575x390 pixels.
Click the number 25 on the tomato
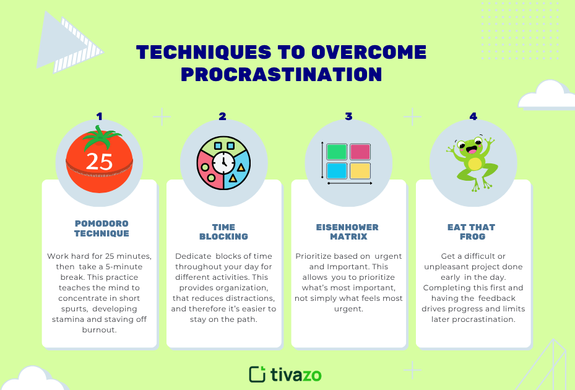click(99, 161)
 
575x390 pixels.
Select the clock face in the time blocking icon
click(223, 163)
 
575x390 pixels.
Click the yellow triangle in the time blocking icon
click(233, 178)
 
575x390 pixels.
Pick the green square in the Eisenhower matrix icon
click(337, 152)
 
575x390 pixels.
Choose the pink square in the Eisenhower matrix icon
click(360, 152)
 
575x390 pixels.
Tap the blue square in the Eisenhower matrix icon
click(337, 171)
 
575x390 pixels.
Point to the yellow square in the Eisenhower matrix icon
click(360, 171)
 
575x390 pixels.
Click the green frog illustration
click(473, 162)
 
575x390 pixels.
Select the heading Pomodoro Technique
click(102, 228)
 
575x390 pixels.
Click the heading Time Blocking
click(223, 232)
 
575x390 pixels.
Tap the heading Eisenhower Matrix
click(347, 232)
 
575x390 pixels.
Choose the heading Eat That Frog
click(472, 232)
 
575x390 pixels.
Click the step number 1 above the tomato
click(99, 116)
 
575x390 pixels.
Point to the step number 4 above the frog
click(473, 116)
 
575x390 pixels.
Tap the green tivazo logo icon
click(257, 374)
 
